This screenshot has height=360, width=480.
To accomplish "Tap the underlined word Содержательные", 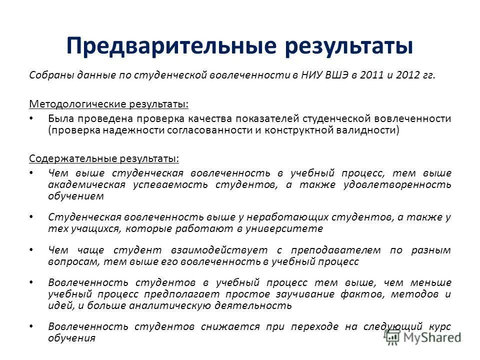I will click(72, 158).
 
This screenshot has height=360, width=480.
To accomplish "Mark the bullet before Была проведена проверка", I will click(31, 118).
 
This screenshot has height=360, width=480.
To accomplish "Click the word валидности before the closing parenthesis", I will click(369, 130).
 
